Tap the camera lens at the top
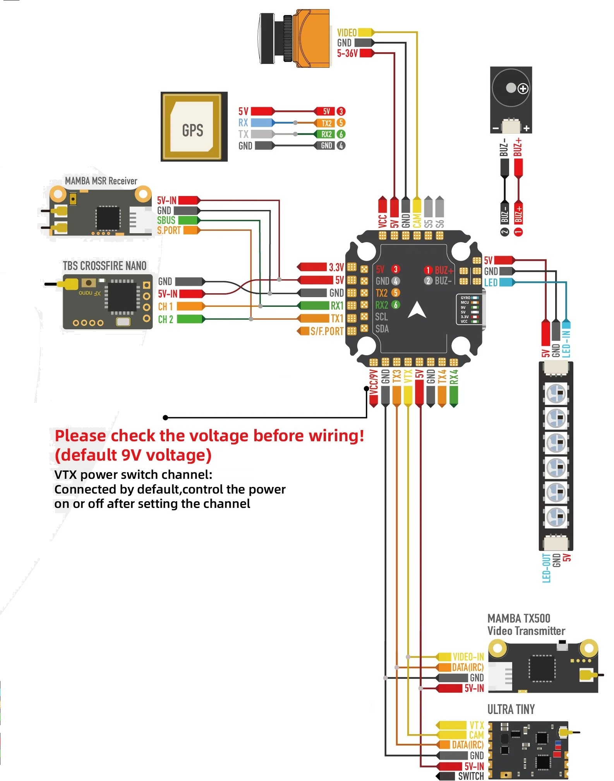[267, 38]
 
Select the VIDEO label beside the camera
[346, 33]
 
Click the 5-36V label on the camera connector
[347, 53]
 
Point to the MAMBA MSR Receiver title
[101, 181]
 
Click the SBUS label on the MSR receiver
[166, 220]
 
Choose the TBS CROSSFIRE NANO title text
[105, 266]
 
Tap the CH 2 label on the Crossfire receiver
[165, 319]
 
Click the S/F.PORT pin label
[327, 331]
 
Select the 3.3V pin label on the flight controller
[336, 267]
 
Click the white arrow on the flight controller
[417, 310]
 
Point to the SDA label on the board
[382, 329]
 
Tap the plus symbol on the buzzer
[523, 89]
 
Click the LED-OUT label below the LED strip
[546, 568]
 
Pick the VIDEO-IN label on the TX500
[468, 657]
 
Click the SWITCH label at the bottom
[471, 776]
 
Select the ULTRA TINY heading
[511, 709]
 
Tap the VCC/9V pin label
[373, 382]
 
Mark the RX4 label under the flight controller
[454, 377]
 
